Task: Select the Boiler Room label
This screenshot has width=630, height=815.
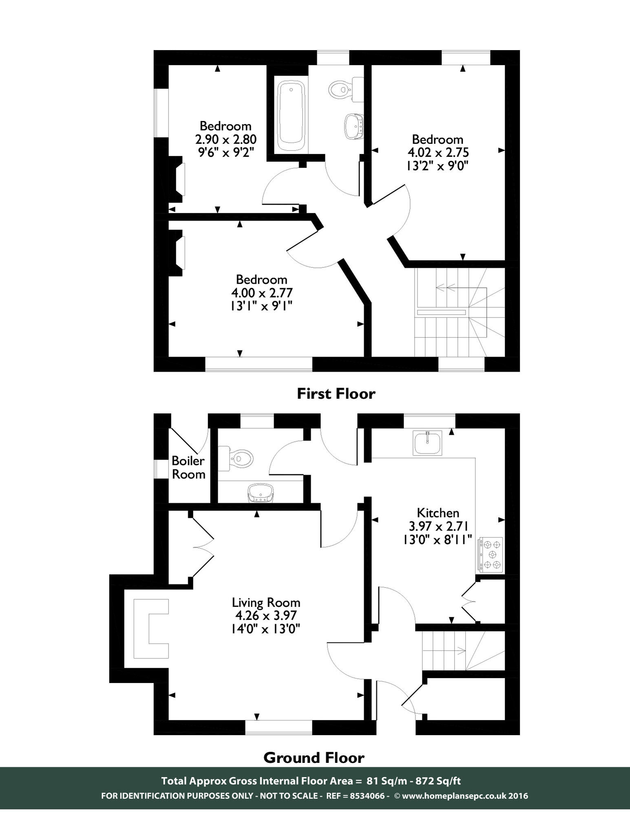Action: tap(188, 467)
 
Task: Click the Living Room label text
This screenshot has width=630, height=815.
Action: tap(266, 602)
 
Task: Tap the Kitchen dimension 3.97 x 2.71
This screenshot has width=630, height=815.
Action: tap(438, 526)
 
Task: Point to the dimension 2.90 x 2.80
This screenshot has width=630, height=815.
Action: tap(226, 140)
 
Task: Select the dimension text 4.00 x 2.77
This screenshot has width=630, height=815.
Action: tap(262, 293)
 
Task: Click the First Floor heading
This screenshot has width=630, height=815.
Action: tap(336, 394)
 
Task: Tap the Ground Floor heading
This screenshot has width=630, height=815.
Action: tap(314, 758)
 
